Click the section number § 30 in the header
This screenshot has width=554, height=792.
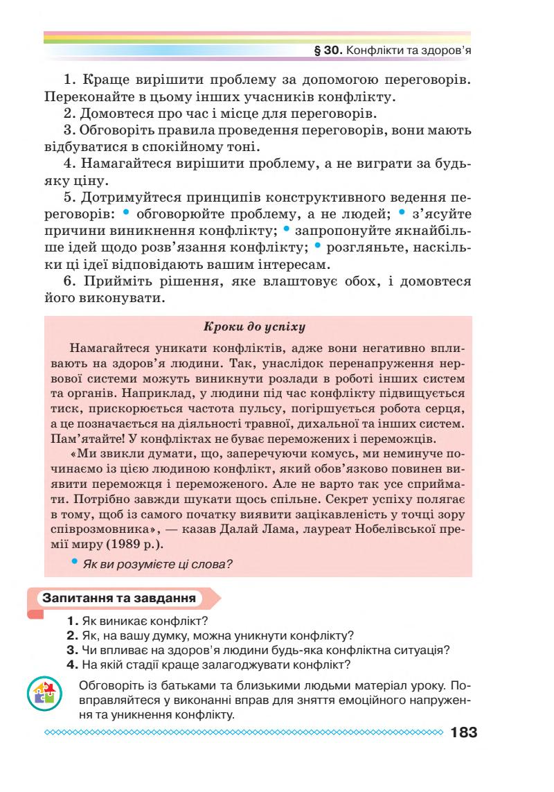327,51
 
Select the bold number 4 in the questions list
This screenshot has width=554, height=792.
71,664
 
